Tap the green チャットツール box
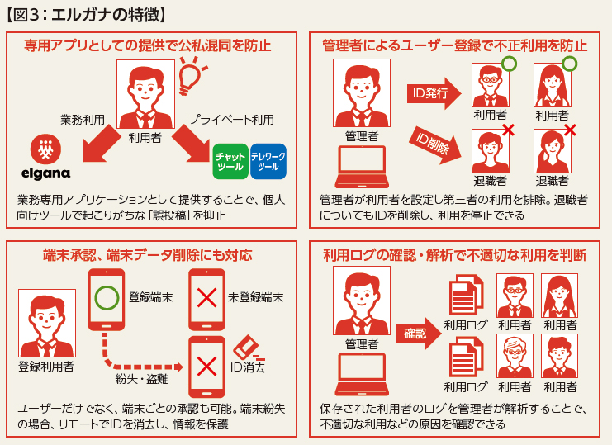[230, 161]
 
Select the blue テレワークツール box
[268, 161]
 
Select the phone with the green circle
[105, 296]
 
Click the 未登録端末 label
[256, 296]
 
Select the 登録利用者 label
[45, 366]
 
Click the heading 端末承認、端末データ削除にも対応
[148, 255]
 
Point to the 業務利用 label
[83, 120]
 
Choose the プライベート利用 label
[232, 120]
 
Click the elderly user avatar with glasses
[515, 356]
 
